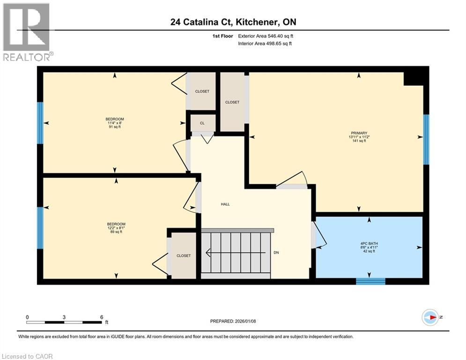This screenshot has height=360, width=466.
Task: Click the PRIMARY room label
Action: [x=359, y=133]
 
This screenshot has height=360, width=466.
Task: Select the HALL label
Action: [x=225, y=204]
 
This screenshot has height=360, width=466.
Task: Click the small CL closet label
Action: [x=202, y=123]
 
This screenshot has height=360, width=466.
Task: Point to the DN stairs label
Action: [x=276, y=253]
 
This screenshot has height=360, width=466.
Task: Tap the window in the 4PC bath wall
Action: [x=370, y=281]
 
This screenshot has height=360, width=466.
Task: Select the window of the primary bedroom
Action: [x=426, y=139]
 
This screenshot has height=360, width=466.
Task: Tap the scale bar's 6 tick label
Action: [x=102, y=317]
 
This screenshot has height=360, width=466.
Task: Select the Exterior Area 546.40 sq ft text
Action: [x=266, y=36]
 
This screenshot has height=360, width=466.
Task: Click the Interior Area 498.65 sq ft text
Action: [x=265, y=44]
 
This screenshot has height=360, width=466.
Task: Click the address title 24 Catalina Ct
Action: [x=232, y=22]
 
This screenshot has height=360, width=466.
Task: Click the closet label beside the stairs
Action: [x=184, y=255]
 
